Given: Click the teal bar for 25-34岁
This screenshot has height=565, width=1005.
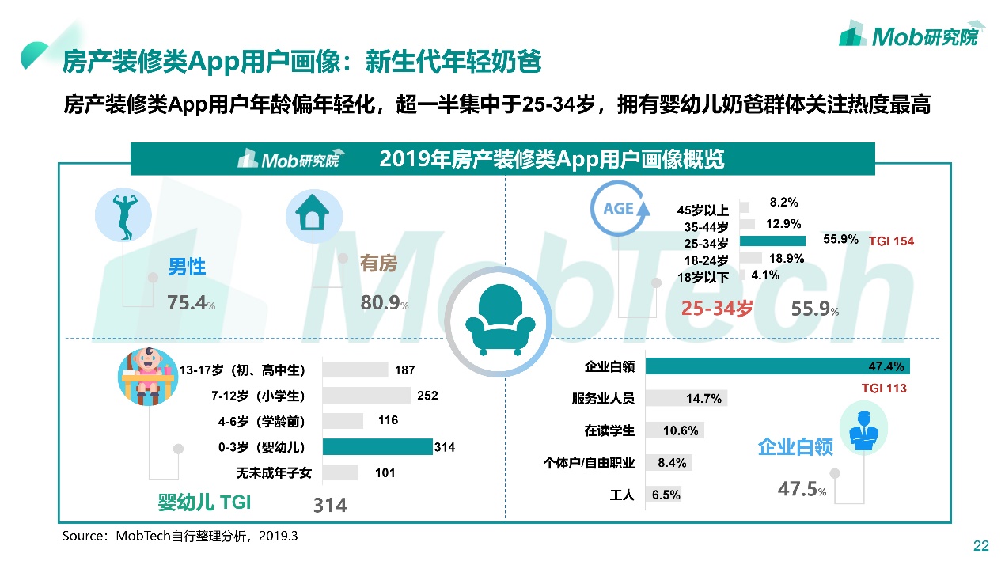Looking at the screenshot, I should tap(772, 241).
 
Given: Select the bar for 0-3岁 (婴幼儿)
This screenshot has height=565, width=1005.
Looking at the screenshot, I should tap(377, 447).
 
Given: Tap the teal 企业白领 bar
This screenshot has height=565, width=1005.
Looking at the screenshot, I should tap(777, 366).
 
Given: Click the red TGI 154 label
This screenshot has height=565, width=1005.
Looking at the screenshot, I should tap(891, 241).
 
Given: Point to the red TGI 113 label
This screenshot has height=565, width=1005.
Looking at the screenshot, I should tap(884, 389).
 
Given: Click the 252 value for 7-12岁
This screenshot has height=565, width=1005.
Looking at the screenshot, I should tap(427, 396).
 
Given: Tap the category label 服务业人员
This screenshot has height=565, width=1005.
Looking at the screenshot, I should tap(603, 399).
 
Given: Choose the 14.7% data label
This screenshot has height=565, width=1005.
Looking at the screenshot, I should tap(703, 399).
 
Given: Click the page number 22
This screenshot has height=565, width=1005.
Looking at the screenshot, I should tap(980, 545).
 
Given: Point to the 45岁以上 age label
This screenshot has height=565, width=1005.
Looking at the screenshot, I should tap(703, 210).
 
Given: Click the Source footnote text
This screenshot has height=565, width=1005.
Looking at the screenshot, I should tap(180, 536).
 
